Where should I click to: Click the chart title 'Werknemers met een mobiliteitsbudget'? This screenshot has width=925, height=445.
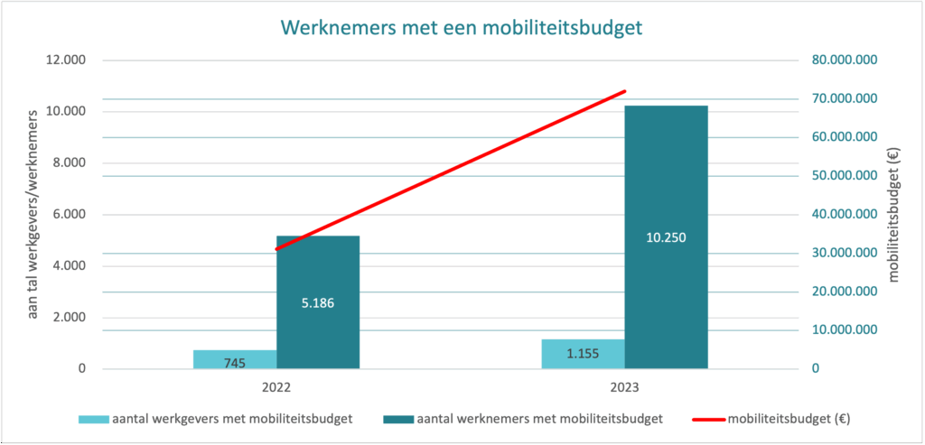tap(462, 28)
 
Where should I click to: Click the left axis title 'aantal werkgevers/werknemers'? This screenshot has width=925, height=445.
tap(33, 214)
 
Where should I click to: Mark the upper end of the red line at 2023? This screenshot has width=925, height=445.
tap(625, 91)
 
